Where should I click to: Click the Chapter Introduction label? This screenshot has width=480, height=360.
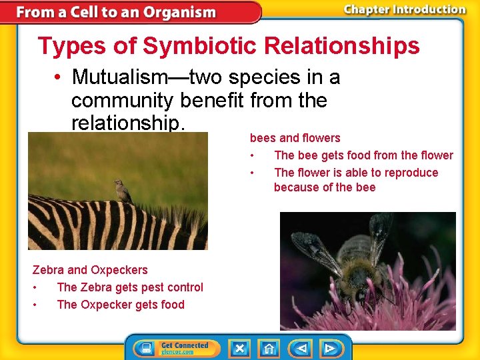[404, 9]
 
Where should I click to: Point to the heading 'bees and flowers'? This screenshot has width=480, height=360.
[295, 138]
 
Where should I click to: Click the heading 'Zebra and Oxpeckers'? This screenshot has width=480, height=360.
[90, 270]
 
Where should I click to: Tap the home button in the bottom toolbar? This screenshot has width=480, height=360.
[269, 348]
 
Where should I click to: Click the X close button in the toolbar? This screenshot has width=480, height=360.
[239, 348]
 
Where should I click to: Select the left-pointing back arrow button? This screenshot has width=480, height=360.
[301, 348]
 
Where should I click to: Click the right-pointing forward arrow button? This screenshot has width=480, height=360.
[329, 348]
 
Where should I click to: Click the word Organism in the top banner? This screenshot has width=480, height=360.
[181, 12]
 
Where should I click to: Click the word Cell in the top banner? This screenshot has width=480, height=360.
[86, 12]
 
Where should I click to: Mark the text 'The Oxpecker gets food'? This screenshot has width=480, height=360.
[121, 305]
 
